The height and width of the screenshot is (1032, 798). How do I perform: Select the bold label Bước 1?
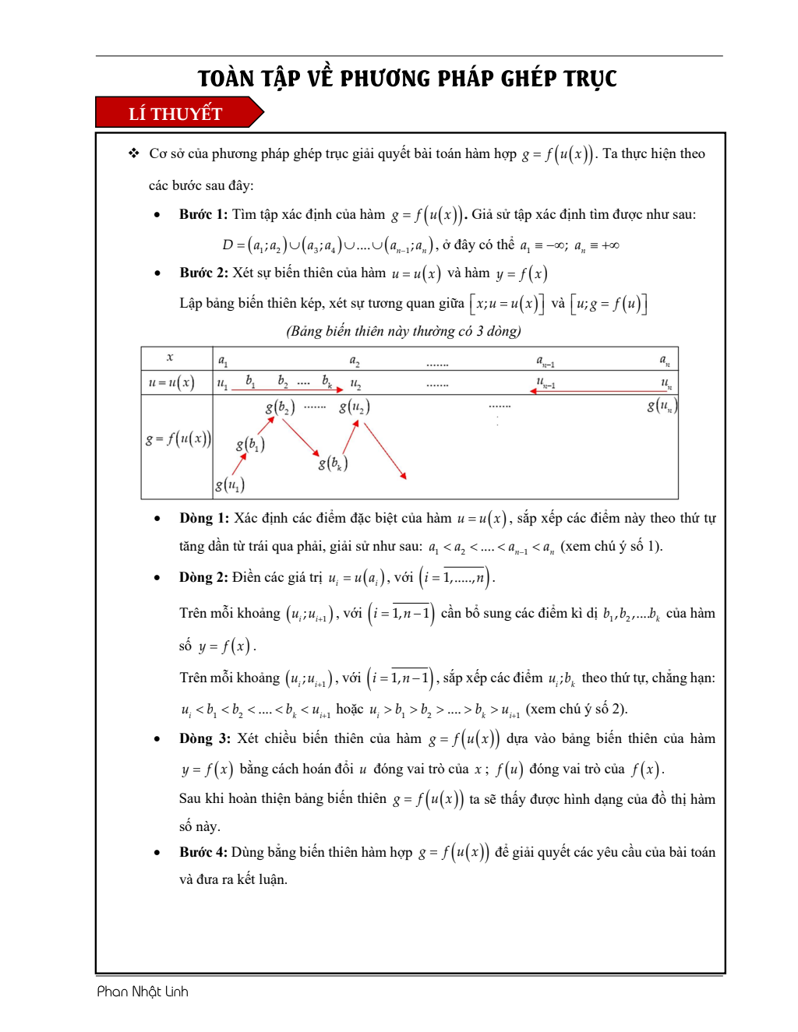[x=203, y=214]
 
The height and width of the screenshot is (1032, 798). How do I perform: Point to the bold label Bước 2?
[x=203, y=273]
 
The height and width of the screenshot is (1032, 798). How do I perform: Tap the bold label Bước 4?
[x=203, y=852]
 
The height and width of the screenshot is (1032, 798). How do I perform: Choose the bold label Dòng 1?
[x=204, y=518]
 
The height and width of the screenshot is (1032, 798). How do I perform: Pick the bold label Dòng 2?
[x=203, y=577]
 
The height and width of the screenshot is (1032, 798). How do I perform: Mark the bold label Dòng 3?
[x=205, y=738]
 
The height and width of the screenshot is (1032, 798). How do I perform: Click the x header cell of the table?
[x=170, y=358]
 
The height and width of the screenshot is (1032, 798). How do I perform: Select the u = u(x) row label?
[x=171, y=382]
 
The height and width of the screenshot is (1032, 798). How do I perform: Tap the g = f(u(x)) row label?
[x=178, y=439]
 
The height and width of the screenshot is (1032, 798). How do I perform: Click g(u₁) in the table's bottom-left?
[x=230, y=484]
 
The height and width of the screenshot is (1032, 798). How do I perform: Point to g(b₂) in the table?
[x=280, y=407]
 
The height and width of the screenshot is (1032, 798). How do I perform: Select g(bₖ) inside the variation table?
[x=333, y=463]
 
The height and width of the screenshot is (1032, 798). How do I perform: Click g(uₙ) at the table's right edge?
[x=662, y=405]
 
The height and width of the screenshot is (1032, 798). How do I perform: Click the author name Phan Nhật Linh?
[x=143, y=991]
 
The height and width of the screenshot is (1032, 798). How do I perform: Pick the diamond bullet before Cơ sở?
[x=134, y=153]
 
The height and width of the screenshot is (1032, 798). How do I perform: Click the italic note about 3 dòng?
[x=404, y=331]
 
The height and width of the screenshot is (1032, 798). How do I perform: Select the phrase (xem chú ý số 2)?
[x=577, y=709]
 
